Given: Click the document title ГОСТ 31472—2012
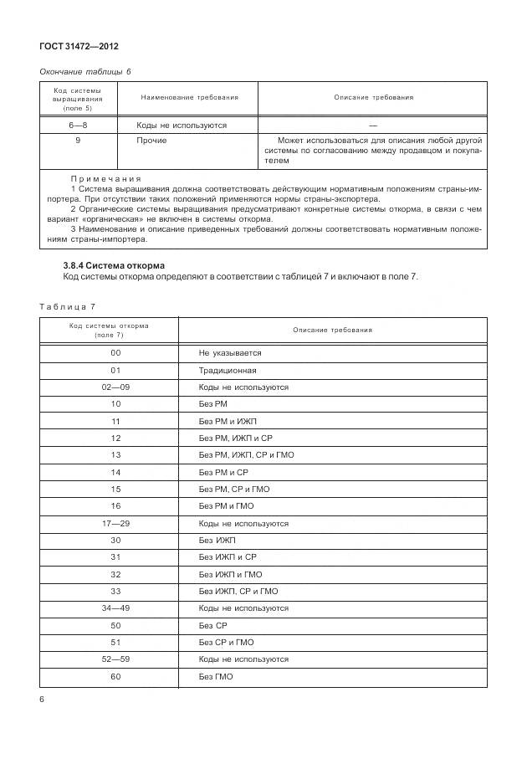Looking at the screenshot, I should [x=79, y=47].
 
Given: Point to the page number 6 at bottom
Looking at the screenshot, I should [x=42, y=699].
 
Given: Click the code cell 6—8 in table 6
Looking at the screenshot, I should [x=78, y=125].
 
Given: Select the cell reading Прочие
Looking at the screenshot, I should [x=151, y=141].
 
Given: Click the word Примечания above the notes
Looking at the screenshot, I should [x=106, y=179].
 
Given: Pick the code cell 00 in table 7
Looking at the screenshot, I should [x=116, y=353].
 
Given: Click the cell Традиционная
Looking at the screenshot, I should [x=228, y=370].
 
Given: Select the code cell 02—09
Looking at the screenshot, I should [x=116, y=387].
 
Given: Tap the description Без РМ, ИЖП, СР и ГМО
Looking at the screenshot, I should [x=246, y=455].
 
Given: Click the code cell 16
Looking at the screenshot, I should [x=116, y=506].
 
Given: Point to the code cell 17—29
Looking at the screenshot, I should [x=116, y=523].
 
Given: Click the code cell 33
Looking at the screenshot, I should [x=116, y=591].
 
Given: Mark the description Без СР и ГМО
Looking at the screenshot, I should [x=226, y=642].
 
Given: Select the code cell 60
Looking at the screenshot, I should [x=116, y=676].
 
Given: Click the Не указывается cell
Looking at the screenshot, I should [x=230, y=353].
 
